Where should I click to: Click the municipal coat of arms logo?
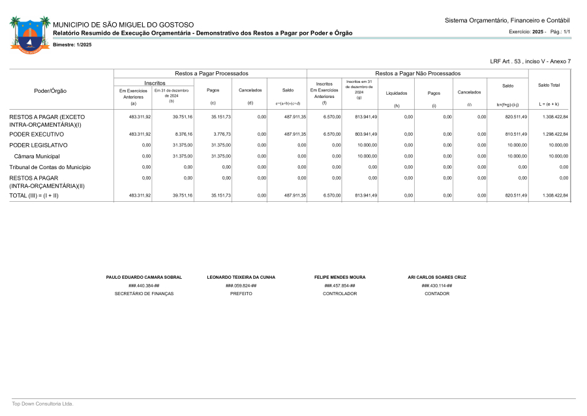pos(30,35)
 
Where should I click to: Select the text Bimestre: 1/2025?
pos(72,44)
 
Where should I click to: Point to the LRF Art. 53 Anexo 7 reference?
pos(530,61)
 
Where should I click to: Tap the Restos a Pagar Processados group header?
pos(211,74)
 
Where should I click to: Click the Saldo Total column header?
pos(549,85)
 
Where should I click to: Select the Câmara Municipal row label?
pos(37,156)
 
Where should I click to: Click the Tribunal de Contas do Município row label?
pos(50,167)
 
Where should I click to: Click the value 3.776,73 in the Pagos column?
pos(221,134)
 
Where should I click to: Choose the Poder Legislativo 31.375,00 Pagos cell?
pos(221,145)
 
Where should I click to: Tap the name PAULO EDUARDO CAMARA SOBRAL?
pos(143,277)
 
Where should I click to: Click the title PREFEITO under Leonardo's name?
pos(241,294)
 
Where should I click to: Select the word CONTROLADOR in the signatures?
pos(340,294)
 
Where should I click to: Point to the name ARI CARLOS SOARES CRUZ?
pos(436,277)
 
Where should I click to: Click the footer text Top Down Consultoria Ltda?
pos(42,404)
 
